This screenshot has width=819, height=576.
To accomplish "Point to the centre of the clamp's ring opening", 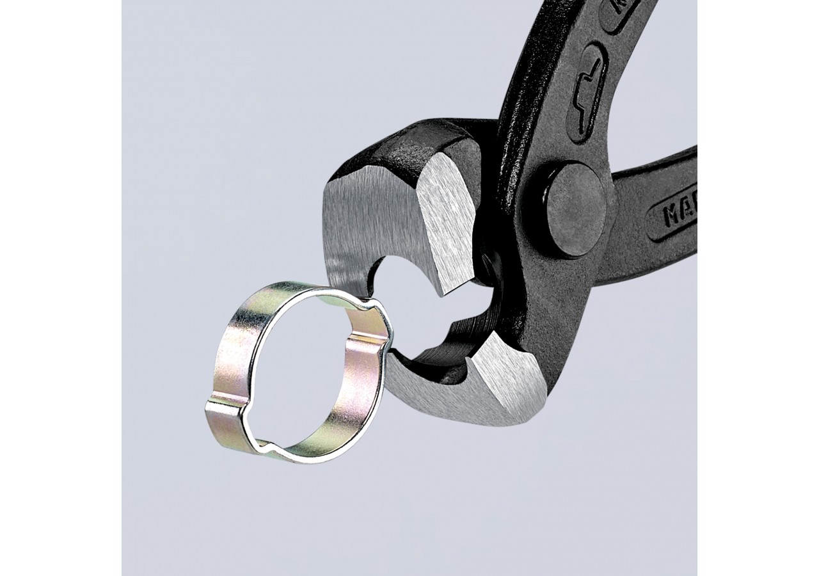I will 301,378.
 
